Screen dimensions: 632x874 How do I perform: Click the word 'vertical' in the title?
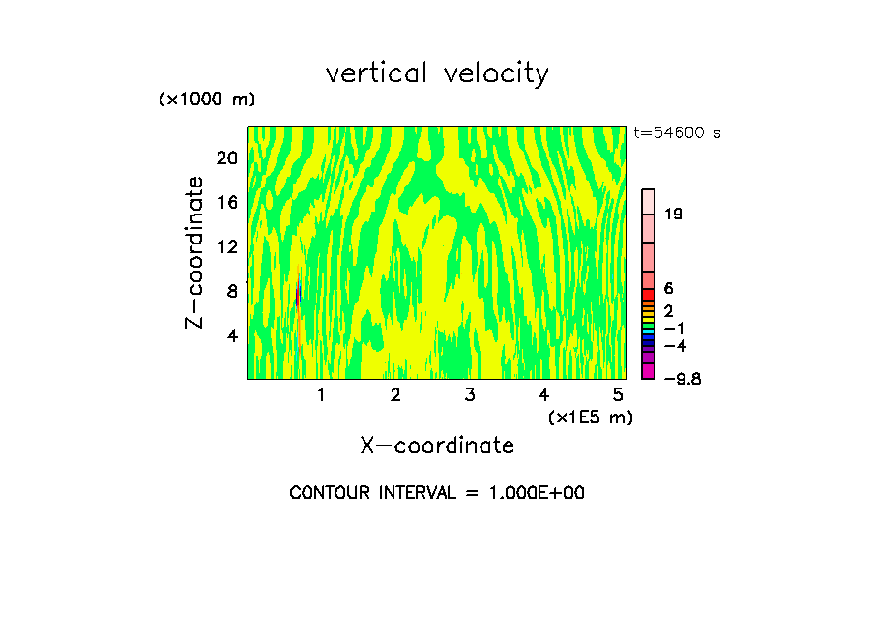pyautogui.click(x=372, y=73)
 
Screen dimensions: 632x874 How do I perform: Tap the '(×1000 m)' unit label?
pyautogui.click(x=207, y=100)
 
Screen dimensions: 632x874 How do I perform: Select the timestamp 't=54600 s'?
pyautogui.click(x=677, y=133)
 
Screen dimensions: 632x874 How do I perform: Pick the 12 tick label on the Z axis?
pyautogui.click(x=226, y=246)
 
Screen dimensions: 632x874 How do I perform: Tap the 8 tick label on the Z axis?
pyautogui.click(x=231, y=291)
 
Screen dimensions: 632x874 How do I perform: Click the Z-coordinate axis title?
pyautogui.click(x=195, y=251)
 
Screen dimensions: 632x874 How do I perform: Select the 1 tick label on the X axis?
pyautogui.click(x=321, y=395)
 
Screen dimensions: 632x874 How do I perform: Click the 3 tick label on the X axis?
pyautogui.click(x=470, y=395)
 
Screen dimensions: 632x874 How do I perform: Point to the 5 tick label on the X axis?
pyautogui.click(x=618, y=395)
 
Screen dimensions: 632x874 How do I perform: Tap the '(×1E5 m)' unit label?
pyautogui.click(x=590, y=417)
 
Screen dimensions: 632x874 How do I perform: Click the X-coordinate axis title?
pyautogui.click(x=437, y=445)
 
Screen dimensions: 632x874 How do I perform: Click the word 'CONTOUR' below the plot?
pyautogui.click(x=330, y=493)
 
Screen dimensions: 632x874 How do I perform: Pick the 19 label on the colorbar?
pyautogui.click(x=674, y=215)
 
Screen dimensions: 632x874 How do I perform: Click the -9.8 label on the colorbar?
pyautogui.click(x=684, y=379)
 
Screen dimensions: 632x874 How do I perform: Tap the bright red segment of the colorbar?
pyautogui.click(x=649, y=294)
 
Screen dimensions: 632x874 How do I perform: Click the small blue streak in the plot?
pyautogui.click(x=298, y=294)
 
